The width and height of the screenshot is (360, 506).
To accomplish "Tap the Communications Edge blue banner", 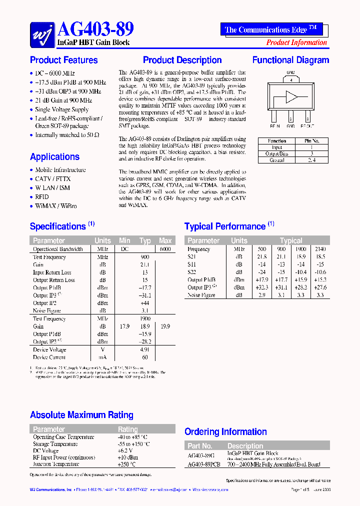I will (271, 29).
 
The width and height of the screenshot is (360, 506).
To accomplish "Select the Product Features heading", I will (64, 60).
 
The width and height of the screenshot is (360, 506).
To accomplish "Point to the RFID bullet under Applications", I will (42, 197).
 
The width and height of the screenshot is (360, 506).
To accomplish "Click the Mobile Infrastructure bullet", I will (60, 170).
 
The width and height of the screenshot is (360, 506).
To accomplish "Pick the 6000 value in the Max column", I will (165, 249).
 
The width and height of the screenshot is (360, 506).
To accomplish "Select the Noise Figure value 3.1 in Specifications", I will (145, 311).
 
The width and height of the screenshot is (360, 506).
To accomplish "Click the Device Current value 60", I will (145, 357).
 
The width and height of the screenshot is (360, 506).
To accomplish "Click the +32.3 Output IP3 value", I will (262, 287).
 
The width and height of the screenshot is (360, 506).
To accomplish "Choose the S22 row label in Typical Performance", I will (192, 272).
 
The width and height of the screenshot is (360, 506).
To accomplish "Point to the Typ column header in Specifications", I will (145, 240).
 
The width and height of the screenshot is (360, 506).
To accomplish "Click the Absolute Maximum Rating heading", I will (81, 415).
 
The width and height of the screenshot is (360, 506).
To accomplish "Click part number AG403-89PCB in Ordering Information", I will (204, 464).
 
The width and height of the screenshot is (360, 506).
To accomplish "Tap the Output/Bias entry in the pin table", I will (276, 154).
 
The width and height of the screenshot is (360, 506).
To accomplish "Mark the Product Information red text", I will (296, 42).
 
